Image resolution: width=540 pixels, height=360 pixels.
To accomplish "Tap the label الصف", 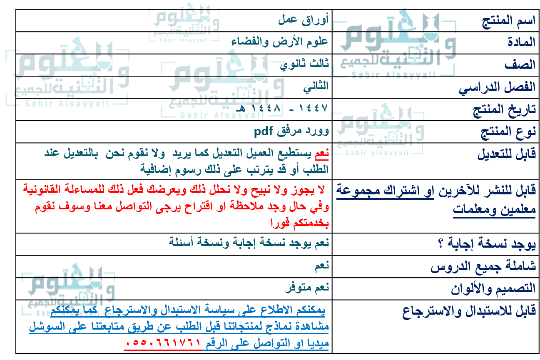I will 520,65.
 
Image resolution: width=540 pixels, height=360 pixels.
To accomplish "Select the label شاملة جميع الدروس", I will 483,266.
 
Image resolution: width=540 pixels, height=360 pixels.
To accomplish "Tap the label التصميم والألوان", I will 493,289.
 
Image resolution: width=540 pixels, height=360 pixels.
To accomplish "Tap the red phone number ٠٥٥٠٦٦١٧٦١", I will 163,344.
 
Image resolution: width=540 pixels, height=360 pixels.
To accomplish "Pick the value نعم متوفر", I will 307,287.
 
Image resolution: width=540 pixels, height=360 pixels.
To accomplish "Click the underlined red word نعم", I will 322,154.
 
